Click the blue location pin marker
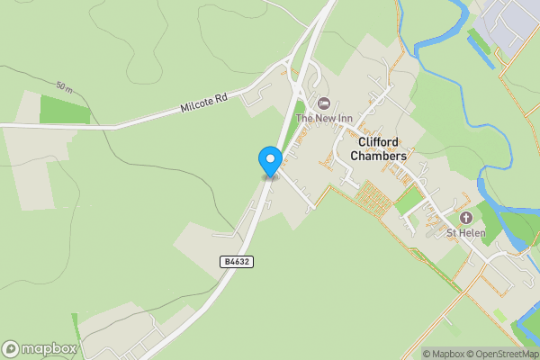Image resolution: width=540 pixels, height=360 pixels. tap(270, 161)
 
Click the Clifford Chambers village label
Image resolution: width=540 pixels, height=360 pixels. tap(382, 149)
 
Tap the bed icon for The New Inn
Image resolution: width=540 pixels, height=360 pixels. tap(323, 103)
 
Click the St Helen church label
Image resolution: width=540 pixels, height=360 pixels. tap(466, 234)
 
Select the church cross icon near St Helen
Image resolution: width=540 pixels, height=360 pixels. tap(466, 219)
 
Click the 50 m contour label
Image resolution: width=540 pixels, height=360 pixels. tap(64, 86)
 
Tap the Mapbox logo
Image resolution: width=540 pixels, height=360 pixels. tap(40, 348)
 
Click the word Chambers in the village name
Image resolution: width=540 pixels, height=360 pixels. tap(382, 157)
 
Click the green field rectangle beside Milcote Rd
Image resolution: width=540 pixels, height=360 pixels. tap(65, 110)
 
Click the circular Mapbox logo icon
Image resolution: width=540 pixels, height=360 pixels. tap(11, 348)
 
